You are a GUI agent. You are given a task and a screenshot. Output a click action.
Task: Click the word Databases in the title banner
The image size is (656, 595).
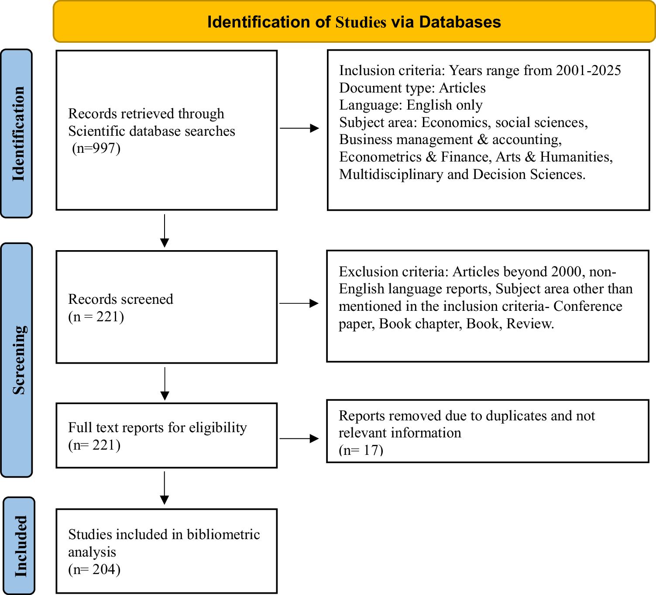[460, 22]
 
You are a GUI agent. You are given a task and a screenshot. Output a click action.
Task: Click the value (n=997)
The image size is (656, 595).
[96, 148]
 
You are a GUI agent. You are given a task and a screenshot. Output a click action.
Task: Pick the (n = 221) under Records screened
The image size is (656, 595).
[96, 316]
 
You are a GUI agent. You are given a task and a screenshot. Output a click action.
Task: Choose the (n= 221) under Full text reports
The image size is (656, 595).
[94, 445]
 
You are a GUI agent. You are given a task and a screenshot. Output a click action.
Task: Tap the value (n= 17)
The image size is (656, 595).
[361, 450]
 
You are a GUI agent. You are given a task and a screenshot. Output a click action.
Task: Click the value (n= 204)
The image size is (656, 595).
[94, 569]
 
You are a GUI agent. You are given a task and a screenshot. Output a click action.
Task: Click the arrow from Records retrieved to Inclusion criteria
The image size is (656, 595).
[299, 128]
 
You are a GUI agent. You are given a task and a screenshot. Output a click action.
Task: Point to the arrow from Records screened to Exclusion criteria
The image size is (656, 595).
[299, 303]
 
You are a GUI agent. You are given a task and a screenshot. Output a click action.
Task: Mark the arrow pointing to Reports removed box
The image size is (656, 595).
[299, 439]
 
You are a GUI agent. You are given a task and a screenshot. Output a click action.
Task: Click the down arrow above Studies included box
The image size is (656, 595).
[165, 488]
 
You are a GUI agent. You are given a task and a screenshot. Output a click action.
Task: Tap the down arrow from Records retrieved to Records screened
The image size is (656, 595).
[165, 230]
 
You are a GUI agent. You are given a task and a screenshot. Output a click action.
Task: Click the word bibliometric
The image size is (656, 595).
[223, 535]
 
